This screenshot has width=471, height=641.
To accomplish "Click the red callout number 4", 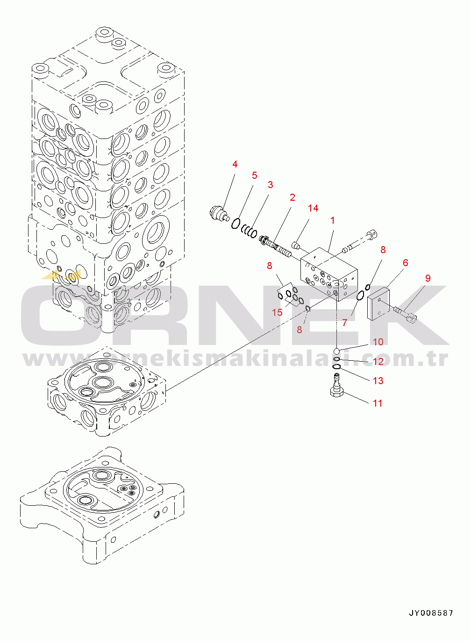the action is click(235, 164).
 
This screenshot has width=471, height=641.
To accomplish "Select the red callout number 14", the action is click(313, 208).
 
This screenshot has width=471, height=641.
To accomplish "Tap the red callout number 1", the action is click(332, 220).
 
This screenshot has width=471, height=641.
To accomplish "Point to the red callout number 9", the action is click(428, 278).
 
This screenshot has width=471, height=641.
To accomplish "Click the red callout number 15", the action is click(277, 312).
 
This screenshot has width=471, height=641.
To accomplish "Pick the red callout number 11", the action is click(378, 403).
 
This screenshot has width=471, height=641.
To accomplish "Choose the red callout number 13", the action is click(378, 380).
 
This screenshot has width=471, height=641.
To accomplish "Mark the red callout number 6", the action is click(405, 262).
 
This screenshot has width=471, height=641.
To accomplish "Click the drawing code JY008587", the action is click(431, 612).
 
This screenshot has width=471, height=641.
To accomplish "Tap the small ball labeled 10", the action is click(337, 351).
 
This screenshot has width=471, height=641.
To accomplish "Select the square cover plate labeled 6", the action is click(378, 304).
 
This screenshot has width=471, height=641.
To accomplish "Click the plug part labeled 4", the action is click(219, 214).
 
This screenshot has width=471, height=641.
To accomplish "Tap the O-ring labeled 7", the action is click(360, 296).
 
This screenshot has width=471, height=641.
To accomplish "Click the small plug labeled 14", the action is click(296, 245).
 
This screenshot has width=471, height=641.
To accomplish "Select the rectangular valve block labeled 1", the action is click(329, 274).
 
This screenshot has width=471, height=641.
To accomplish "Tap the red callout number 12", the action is click(378, 361).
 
